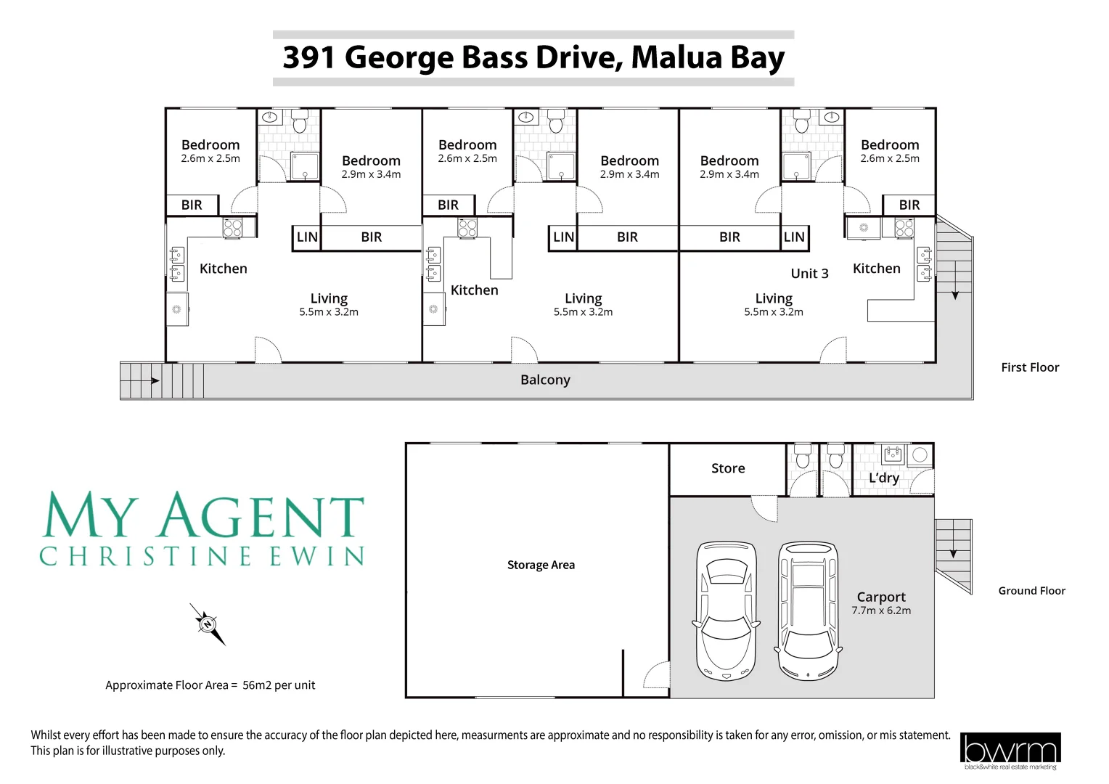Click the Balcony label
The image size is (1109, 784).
click(545, 380)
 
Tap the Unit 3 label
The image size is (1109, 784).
click(809, 274)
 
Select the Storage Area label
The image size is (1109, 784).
click(541, 565)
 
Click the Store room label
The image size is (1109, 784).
click(728, 468)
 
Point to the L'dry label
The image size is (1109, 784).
click(883, 478)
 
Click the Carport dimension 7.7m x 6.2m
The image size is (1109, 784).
click(881, 611)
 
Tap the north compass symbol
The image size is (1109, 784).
click(208, 624)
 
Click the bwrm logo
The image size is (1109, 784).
click(1010, 750)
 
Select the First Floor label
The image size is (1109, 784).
click(1030, 367)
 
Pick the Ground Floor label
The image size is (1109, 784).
click(1031, 591)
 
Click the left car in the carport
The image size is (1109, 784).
click(727, 611)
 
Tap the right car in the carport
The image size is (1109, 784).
click(808, 611)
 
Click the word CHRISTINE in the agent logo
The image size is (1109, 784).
click(145, 557)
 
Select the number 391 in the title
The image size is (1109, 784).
click(309, 57)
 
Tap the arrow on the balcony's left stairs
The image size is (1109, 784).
click(154, 380)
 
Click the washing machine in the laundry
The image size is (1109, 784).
click(920, 455)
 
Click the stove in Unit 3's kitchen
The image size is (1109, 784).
click(904, 228)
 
